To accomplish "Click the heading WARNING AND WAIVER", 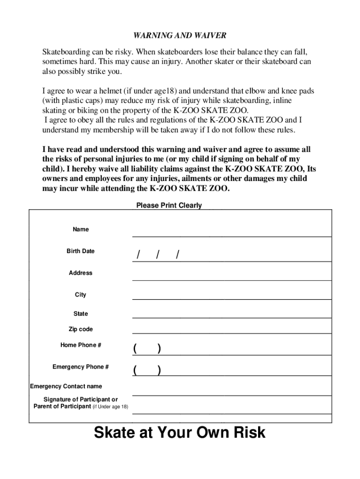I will (180, 36).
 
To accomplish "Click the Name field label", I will (80, 229).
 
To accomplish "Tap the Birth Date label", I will (80, 251).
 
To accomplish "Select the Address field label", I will (80, 273).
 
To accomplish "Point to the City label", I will (80, 295).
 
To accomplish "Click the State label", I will (80, 313).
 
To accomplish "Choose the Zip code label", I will (80, 329).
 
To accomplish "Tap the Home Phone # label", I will (80, 345).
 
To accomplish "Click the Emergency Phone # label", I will (80, 367).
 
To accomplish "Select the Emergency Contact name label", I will (66, 386).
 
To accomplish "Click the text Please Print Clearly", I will (169, 205).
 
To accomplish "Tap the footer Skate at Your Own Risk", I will (180, 432).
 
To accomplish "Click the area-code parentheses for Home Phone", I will (147, 348).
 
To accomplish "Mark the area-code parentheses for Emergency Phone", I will (147, 370).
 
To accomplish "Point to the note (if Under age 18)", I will (110, 407).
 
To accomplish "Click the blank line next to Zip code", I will (231, 333).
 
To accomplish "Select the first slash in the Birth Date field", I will (138, 255).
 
